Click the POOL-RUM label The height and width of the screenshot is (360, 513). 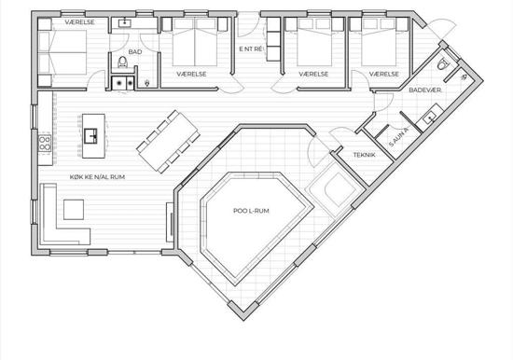click(251, 211)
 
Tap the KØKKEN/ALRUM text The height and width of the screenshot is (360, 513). click(97, 177)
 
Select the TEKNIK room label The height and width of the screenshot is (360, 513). click(364, 155)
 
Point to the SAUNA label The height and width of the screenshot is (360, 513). click(399, 137)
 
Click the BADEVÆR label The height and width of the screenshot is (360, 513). click(424, 90)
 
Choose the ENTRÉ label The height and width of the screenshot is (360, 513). click(251, 49)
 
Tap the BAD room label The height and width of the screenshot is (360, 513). click(135, 51)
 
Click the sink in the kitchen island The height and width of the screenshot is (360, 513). click(90, 136)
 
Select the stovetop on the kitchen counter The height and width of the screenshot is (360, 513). click(45, 143)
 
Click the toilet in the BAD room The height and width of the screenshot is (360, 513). click(123, 62)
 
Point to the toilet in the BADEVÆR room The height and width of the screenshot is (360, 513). click(442, 63)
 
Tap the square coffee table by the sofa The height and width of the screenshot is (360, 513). click(74, 210)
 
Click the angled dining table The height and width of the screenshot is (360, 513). click(168, 142)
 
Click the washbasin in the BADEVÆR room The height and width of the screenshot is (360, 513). click(429, 118)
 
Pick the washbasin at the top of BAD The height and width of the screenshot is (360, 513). click(125, 23)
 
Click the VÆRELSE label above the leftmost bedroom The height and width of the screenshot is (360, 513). click(79, 22)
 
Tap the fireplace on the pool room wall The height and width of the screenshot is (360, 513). click(170, 222)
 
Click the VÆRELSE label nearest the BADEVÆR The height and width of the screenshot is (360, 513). click(383, 75)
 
